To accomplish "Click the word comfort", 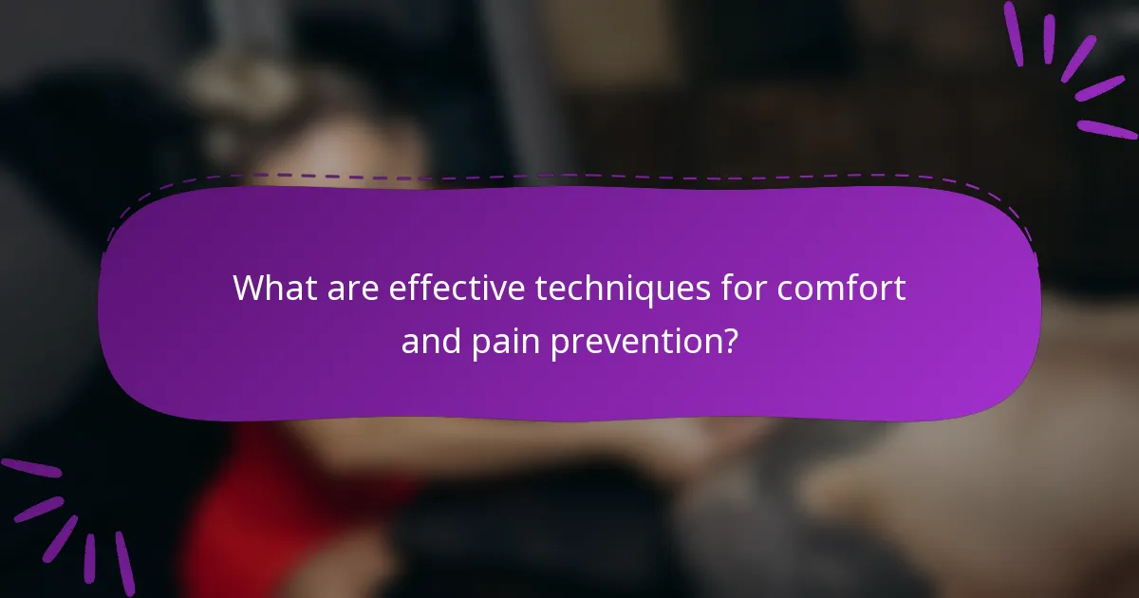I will pyautogui.click(x=842, y=288).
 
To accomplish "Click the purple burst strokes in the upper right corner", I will pyautogui.click(x=1072, y=67).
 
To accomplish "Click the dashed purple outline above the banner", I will pyautogui.click(x=569, y=177).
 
